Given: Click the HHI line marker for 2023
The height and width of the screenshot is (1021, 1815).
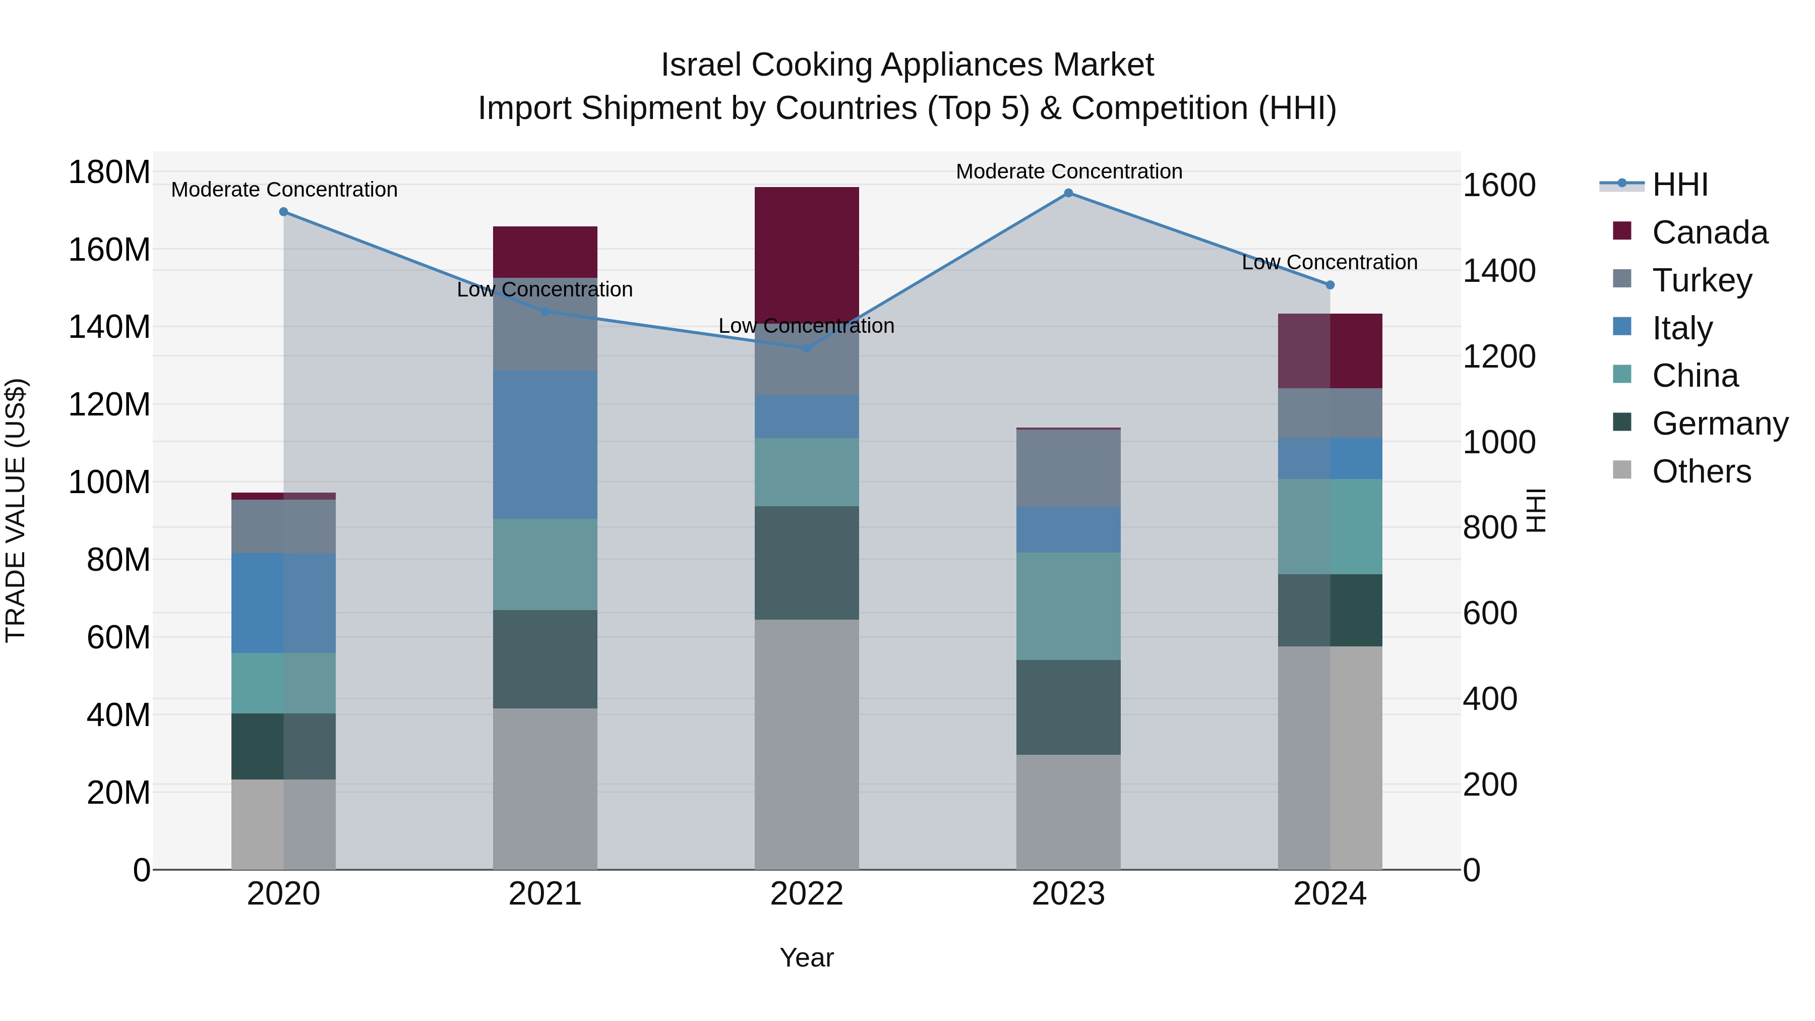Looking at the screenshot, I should tap(1068, 193).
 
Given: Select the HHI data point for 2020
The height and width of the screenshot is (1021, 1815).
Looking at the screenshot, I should tap(283, 211).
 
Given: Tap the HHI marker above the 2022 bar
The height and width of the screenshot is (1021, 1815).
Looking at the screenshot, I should tap(807, 348).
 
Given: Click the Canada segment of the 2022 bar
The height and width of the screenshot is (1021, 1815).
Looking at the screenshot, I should tap(807, 254).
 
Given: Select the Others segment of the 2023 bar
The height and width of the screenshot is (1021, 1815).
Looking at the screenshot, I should tap(1068, 812).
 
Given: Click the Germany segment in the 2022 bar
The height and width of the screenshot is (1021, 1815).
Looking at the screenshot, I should tap(807, 562).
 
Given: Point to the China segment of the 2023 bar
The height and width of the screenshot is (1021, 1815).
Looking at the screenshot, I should tap(1068, 606).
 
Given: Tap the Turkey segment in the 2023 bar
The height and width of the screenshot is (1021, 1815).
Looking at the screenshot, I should tap(1068, 468).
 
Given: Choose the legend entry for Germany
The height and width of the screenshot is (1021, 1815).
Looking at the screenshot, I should tap(1719, 424).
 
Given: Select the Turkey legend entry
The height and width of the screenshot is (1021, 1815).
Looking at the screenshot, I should tap(1701, 280).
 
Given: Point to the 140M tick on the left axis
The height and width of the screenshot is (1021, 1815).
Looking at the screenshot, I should tap(109, 327).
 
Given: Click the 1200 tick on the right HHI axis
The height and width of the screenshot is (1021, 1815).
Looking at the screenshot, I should tap(1499, 356).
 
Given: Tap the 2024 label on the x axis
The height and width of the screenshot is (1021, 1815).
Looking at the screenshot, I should tap(1329, 894).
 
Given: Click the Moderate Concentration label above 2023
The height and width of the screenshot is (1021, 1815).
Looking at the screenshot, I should tap(1068, 171).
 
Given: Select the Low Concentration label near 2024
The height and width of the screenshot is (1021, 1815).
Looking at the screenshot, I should tap(1329, 262).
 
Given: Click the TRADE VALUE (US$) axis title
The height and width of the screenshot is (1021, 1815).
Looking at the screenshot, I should tap(16, 510).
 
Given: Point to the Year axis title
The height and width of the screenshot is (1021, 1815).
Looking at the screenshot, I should tap(806, 957).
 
